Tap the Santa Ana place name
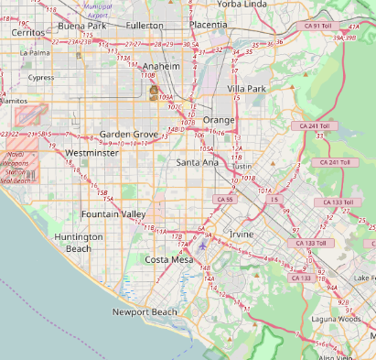pos(198,162)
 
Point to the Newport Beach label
pos(144,312)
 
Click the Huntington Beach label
pos(79,243)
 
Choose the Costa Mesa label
pos(168,260)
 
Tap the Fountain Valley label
pos(113,213)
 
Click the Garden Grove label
pos(129,134)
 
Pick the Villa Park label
pos(246,89)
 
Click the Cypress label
pos(41,78)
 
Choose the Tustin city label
pos(242,167)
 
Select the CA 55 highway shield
pos(225,199)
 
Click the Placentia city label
pos(209,26)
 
